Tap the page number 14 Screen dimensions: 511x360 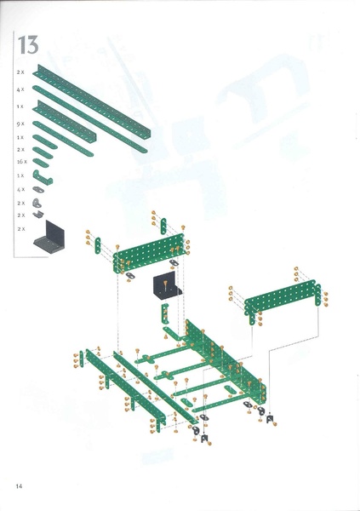point(19,485)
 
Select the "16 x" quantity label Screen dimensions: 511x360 point(21,161)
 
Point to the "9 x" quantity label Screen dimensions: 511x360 point(20,123)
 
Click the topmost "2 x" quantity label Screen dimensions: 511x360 point(20,72)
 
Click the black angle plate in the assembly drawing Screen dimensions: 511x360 point(167,286)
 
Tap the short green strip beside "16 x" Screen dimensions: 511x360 point(41,162)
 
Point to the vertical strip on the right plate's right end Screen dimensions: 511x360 point(311,305)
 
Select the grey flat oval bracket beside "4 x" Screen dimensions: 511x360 point(38,190)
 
